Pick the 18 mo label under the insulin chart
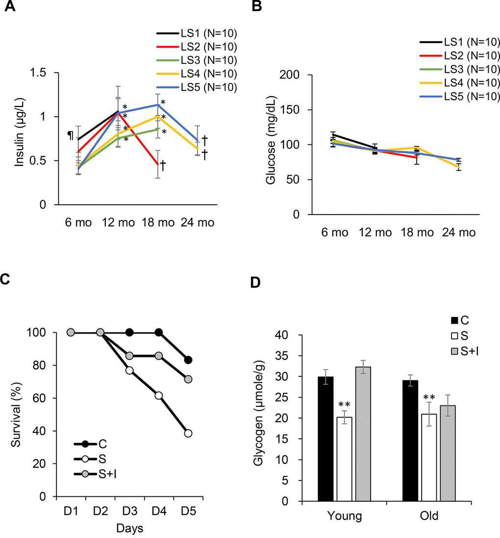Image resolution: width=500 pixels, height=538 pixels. click(x=158, y=222)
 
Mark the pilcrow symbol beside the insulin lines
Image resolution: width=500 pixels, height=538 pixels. click(x=70, y=134)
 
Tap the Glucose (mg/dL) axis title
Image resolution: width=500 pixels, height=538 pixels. click(x=271, y=145)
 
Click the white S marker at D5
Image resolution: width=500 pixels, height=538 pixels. click(x=188, y=433)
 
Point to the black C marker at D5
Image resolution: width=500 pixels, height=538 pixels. click(x=188, y=360)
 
